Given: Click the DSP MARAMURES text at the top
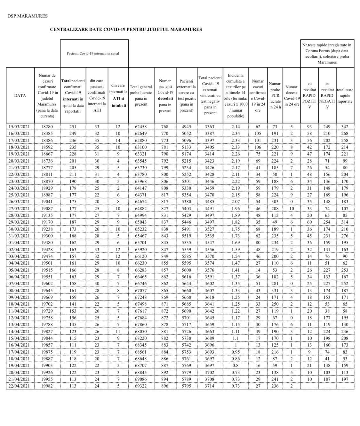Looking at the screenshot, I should click(27, 16).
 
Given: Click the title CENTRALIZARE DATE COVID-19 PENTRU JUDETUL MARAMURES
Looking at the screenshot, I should click(126, 29).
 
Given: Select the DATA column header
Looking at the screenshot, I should click(20, 95).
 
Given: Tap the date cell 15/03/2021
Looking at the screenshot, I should click(20, 126).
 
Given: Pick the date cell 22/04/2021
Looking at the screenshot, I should click(20, 386).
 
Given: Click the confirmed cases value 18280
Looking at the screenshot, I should click(47, 126).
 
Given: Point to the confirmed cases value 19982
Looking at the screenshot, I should click(47, 386).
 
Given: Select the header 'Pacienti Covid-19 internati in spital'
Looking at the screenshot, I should click(93, 53).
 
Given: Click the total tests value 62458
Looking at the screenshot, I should click(141, 126).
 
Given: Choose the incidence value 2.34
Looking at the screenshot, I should click(235, 133).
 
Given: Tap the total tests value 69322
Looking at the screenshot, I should click(141, 386).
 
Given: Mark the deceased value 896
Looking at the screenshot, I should click(165, 386).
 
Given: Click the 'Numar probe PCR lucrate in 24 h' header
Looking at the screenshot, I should click(275, 95).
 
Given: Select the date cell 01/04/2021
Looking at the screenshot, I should click(20, 243).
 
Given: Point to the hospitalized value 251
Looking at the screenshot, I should click(73, 126).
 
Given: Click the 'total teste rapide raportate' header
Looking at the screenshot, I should click(345, 95).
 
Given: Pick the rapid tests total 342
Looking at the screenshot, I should click(345, 126).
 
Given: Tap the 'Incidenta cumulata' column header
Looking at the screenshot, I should click(235, 95).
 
